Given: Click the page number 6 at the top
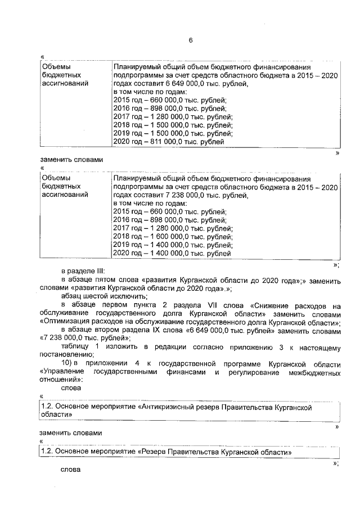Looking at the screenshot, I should click(x=190, y=40).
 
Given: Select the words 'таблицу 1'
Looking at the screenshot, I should click(x=78, y=347).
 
